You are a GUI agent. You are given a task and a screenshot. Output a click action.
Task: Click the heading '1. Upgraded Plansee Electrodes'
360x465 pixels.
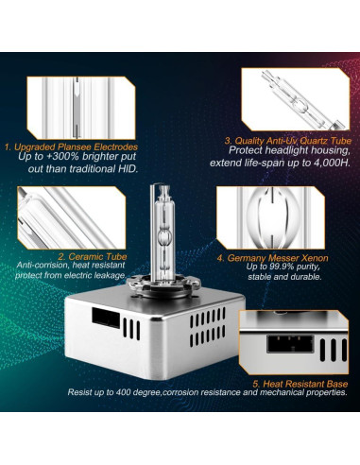click(71, 146)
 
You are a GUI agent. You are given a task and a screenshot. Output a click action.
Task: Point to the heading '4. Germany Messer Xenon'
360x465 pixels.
click(273, 255)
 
